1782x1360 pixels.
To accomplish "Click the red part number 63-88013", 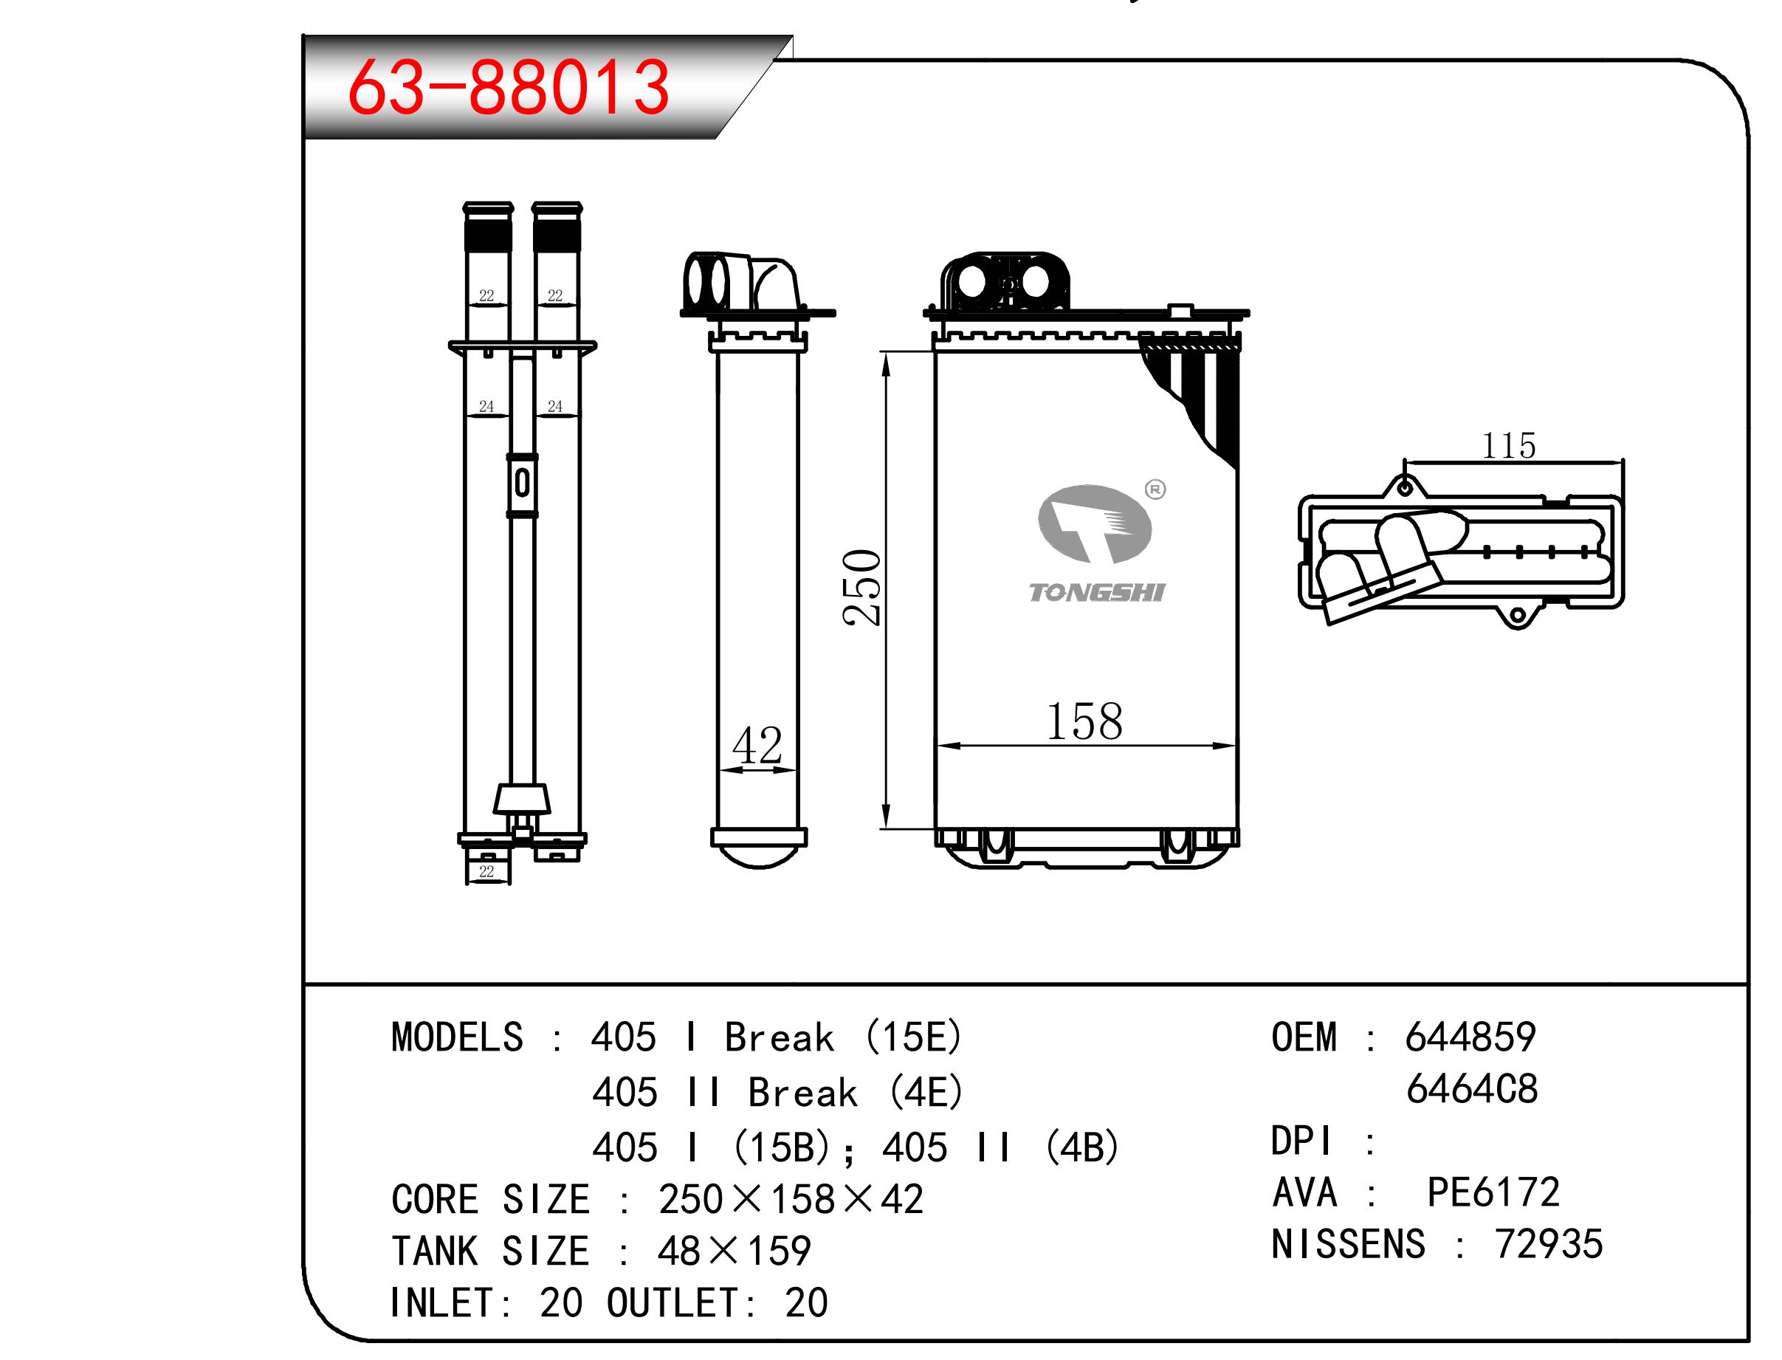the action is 508,86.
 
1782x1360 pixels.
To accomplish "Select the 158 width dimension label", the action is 1084,721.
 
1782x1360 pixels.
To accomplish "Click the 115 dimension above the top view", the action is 1508,445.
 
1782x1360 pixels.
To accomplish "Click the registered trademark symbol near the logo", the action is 1155,489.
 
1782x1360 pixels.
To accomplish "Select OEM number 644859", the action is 1470,1037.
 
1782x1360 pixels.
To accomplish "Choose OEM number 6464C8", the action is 1472,1089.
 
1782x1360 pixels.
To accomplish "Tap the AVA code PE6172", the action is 1493,1192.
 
